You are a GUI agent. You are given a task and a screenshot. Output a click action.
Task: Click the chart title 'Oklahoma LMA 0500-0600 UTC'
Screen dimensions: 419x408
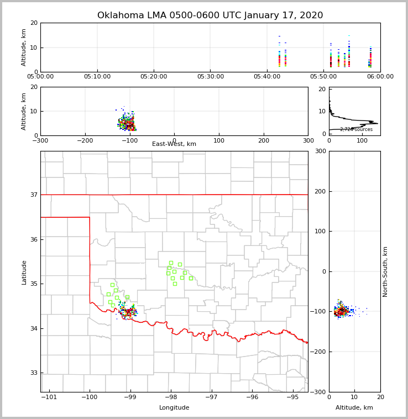(210, 15)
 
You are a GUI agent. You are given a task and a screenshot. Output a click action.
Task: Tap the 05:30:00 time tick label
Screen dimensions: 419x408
(211, 77)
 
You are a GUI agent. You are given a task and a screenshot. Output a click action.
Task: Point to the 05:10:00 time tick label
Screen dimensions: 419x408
(97, 77)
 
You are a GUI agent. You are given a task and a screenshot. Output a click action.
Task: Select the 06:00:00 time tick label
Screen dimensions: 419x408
(380, 77)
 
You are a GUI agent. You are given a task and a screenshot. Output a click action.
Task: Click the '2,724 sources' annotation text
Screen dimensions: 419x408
(356, 129)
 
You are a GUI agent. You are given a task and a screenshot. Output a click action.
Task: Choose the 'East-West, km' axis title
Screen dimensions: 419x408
(174, 144)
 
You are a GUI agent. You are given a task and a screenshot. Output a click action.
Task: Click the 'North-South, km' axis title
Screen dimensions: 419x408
(386, 271)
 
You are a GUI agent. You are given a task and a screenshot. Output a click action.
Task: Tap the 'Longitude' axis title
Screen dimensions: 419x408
(174, 408)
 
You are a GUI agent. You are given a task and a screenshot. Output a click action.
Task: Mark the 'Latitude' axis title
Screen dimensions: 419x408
(24, 272)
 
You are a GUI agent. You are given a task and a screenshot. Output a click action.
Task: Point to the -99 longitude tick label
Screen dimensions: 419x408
(130, 397)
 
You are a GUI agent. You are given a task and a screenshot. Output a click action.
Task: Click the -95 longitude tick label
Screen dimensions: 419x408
(293, 397)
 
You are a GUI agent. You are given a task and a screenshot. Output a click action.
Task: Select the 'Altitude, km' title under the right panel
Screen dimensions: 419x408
(354, 408)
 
